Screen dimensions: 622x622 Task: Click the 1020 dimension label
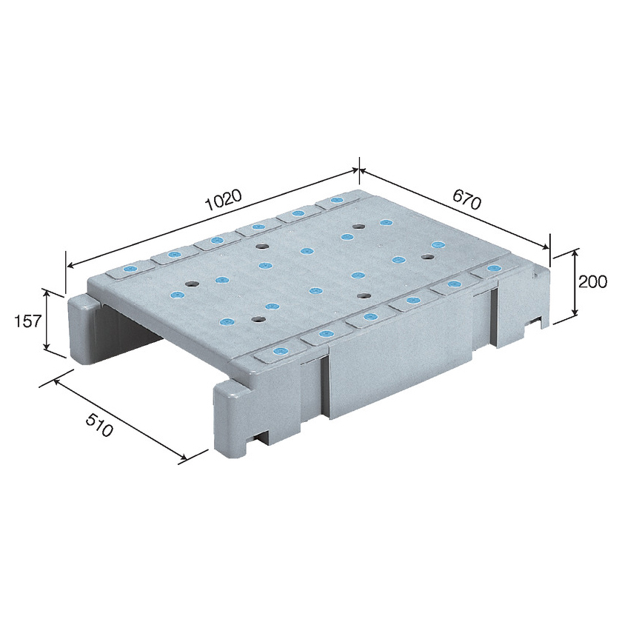click(223, 201)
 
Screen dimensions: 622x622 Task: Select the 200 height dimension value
click(592, 281)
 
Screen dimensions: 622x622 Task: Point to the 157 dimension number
click(27, 321)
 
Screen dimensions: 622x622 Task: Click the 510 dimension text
click(99, 425)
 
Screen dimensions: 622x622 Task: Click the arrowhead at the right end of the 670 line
click(546, 247)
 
